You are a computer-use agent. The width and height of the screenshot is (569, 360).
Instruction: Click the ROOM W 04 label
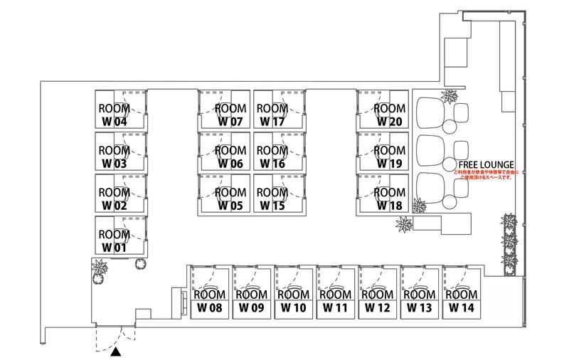(114, 115)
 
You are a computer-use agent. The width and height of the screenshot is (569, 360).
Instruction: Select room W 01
(114, 240)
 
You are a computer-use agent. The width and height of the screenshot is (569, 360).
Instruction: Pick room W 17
(271, 115)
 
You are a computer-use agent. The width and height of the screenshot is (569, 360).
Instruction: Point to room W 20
(389, 115)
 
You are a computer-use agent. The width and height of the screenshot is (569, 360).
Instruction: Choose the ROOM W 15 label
(271, 198)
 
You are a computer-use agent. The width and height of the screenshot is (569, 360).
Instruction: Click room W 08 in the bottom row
(209, 301)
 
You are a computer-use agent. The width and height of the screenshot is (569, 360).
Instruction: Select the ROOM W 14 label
(461, 301)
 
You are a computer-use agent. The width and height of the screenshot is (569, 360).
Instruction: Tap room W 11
(335, 301)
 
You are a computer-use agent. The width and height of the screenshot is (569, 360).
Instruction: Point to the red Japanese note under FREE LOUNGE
(486, 175)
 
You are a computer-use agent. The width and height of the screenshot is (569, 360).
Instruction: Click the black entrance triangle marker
(116, 351)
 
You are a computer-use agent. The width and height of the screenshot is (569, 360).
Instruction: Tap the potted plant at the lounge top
(449, 96)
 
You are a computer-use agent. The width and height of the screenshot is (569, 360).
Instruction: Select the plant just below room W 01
(100, 270)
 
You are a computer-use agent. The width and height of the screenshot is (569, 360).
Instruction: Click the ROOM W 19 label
(389, 157)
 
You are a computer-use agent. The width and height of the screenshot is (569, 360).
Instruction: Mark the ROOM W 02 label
(114, 198)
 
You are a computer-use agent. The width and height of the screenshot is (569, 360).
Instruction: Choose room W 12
(377, 301)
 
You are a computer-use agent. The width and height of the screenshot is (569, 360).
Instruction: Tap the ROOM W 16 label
(271, 157)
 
